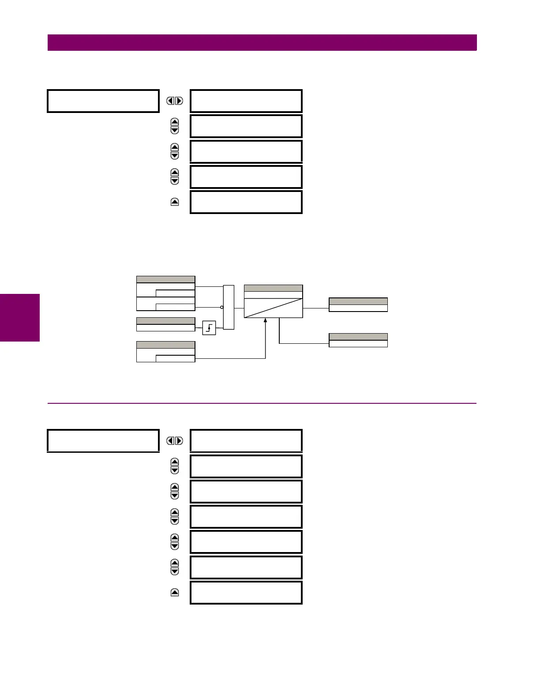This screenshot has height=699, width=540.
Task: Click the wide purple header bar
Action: pos(262,43)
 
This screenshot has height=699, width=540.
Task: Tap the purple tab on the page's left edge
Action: pos(20,318)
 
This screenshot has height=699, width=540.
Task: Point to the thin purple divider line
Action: pos(262,403)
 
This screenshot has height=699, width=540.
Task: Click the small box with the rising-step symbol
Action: pos(209,328)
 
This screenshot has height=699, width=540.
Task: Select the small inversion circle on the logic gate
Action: pos(222,307)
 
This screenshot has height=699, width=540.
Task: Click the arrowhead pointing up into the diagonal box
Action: pos(266,320)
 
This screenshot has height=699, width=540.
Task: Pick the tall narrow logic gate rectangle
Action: pos(229,307)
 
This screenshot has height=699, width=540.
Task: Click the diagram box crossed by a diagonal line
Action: pos(274,308)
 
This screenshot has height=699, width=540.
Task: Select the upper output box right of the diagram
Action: pos(358,305)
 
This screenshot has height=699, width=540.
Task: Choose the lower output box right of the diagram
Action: pos(358,340)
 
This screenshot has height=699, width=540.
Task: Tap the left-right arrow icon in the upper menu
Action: pos(175,101)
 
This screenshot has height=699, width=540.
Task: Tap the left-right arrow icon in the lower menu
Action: pos(175,441)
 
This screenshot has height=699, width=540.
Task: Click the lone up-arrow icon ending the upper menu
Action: pos(175,202)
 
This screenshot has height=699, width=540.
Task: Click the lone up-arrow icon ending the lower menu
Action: pos(175,593)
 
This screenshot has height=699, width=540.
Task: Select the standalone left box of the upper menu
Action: pos(103,101)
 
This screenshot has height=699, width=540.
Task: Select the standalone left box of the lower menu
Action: pos(103,441)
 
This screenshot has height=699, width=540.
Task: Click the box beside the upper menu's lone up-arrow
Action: pos(246,202)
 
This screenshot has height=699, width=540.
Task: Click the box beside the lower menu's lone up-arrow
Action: pos(246,593)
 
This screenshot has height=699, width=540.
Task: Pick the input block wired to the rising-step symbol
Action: pos(165,324)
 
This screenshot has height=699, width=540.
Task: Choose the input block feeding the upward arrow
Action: pos(165,352)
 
